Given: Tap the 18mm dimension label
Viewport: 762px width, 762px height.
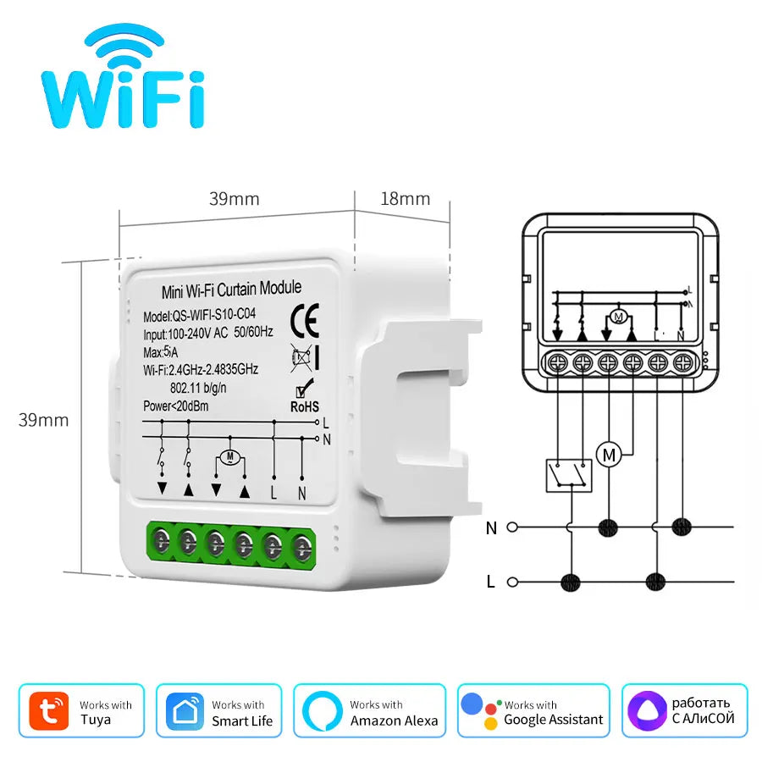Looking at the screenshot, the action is (x=406, y=199).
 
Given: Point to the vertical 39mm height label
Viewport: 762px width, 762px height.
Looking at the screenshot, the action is (x=43, y=420).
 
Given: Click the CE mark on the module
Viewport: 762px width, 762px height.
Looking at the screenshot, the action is (x=305, y=321).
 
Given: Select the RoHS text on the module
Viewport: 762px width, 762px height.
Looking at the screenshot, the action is (x=305, y=406).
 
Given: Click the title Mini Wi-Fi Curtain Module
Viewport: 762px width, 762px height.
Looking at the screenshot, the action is (x=231, y=290).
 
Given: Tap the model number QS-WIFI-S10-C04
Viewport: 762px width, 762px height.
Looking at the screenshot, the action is (x=214, y=315).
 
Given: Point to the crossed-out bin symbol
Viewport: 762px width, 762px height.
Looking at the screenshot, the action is (x=301, y=358).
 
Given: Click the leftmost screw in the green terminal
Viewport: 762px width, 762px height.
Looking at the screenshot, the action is (x=161, y=541).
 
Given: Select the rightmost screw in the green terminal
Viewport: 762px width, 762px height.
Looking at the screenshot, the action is (x=302, y=548).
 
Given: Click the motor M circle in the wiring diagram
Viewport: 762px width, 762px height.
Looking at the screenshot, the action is (x=609, y=455).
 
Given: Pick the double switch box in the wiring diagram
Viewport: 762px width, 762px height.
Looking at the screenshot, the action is (x=569, y=476).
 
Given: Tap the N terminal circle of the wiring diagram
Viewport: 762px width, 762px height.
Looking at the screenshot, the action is (x=512, y=527).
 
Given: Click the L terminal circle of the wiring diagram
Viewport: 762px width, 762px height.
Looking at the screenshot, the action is (x=512, y=581).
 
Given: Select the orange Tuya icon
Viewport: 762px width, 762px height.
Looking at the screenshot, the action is (x=49, y=711).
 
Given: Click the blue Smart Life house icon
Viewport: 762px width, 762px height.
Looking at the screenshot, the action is (x=185, y=711).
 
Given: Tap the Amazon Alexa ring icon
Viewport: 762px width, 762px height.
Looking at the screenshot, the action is (x=323, y=711).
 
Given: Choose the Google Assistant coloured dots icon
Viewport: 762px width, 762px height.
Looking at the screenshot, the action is (x=481, y=711).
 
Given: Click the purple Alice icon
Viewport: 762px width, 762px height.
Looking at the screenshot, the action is (x=647, y=711).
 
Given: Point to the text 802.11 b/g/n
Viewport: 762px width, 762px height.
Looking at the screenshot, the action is (x=198, y=388).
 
